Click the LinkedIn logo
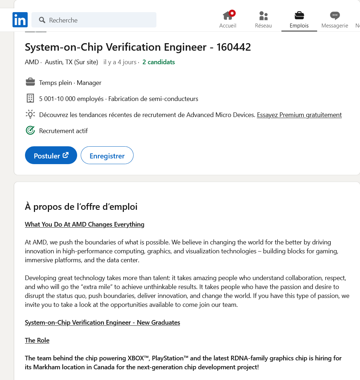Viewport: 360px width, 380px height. pos(20,20)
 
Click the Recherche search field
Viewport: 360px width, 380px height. pos(96,20)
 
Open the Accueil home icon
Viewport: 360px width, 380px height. pos(227,16)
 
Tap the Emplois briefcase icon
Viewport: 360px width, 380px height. pos(299,15)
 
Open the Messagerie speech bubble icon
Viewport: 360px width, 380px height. pos(335,16)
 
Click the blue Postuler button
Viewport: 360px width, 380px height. pos(51,156)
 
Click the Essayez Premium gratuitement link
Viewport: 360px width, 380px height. pos(299,115)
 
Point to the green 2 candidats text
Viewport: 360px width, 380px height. pos(159,62)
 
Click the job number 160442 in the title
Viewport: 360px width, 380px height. pos(234,47)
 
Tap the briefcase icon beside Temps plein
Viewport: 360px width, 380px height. pos(30,82)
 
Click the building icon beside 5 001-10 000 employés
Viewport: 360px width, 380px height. pos(30,98)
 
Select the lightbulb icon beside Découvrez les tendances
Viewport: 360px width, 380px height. pos(30,115)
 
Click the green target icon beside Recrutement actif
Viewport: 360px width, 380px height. pos(30,131)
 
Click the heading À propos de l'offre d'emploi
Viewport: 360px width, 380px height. pos(81,207)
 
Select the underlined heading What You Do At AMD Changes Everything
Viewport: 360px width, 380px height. pos(85,224)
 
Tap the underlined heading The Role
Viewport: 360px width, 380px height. pos(37,340)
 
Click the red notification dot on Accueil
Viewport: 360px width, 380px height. pos(232,13)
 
